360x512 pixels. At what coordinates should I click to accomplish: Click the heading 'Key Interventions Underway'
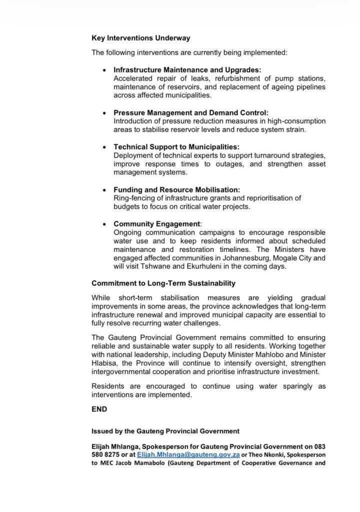point(140,38)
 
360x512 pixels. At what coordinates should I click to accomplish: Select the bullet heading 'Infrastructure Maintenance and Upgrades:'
point(187,70)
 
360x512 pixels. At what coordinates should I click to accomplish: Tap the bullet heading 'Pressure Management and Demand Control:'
point(191,113)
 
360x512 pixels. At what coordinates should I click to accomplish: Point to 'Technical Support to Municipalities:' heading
point(176,147)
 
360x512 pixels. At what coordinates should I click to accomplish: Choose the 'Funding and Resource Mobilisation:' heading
point(176,190)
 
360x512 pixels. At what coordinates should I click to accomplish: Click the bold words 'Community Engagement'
point(157,224)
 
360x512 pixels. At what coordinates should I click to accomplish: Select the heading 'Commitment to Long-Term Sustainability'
point(163,283)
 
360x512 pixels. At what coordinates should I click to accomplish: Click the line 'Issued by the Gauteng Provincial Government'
point(165,431)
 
